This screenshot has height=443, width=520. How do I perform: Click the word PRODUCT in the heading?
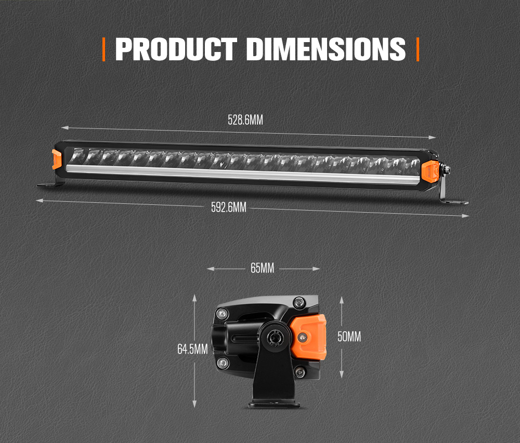(175, 49)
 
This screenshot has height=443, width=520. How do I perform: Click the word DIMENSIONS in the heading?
(326, 49)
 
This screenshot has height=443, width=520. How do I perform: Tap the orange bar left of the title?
(104, 49)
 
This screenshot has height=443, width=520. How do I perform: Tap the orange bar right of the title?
(418, 49)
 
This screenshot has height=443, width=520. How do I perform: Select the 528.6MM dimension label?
(245, 120)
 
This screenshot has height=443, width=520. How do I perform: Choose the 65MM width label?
(262, 268)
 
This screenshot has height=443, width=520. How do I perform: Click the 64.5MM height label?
(192, 349)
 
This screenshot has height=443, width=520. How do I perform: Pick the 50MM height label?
(349, 336)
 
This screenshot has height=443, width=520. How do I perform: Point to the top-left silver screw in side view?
(222, 313)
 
